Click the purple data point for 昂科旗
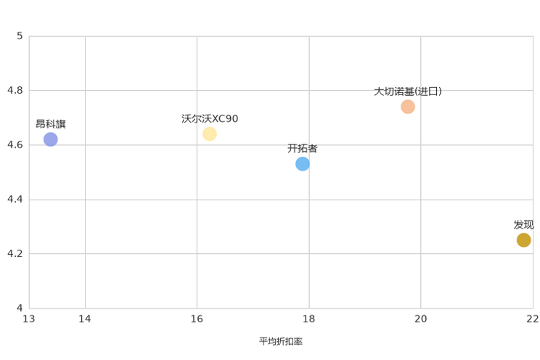coord(51,139)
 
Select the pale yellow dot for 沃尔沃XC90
coord(209,134)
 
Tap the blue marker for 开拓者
coord(303,164)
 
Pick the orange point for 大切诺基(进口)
coord(408,107)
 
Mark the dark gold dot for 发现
coord(523,240)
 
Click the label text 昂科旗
coord(51,124)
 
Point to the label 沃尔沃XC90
coord(210,119)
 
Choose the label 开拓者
coord(303,149)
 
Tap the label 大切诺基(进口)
coord(408,91)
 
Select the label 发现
coord(523,225)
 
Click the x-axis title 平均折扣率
coord(281,341)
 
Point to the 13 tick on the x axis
coord(29,319)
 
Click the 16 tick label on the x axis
coord(197,319)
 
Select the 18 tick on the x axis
coord(309,319)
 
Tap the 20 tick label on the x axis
coord(420,319)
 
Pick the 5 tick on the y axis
coord(20,36)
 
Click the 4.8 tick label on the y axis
coord(15,90)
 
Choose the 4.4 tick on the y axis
coord(15,199)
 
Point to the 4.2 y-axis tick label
coord(15,253)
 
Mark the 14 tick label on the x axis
coord(85,319)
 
